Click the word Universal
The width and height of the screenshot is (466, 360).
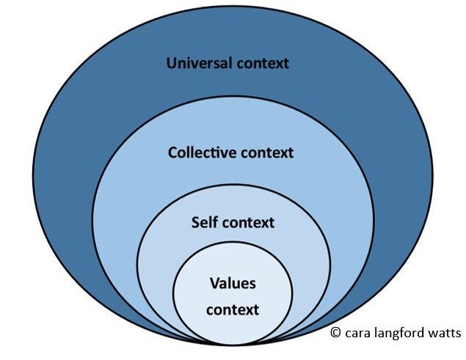200,62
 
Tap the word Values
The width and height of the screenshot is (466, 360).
232,283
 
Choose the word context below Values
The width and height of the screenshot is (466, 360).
232,309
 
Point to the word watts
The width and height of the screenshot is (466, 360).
444,333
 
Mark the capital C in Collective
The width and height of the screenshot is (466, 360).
172,153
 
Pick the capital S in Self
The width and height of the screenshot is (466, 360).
194,221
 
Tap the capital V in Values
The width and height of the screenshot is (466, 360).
214,283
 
